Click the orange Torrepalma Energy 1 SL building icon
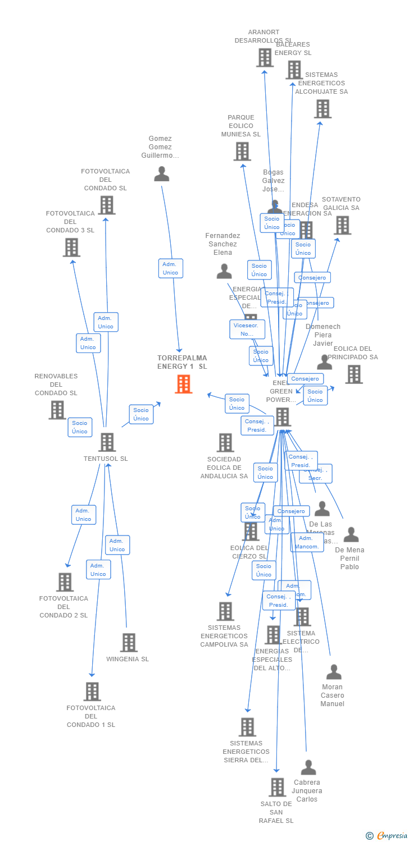[x=184, y=384]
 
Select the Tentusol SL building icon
[x=107, y=442]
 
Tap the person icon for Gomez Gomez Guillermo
[x=162, y=174]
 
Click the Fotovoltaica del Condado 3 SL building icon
[x=71, y=248]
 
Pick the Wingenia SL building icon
[x=129, y=643]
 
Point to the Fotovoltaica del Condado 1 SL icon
[x=92, y=692]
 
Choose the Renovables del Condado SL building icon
[x=57, y=410]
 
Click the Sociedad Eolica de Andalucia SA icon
[x=225, y=442]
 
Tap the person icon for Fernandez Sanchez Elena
[x=224, y=272]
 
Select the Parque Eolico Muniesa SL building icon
[x=242, y=152]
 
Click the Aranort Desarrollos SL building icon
[x=265, y=57]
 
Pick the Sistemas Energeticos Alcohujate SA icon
[x=322, y=109]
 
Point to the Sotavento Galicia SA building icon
[x=342, y=225]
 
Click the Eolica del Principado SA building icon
[x=353, y=374]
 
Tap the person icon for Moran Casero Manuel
[x=334, y=672]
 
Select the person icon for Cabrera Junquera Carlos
[x=308, y=767]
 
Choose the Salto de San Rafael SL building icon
[x=277, y=787]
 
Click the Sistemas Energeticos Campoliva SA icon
[x=225, y=611]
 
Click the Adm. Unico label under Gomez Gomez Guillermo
[x=170, y=268]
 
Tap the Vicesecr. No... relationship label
[x=247, y=330]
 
